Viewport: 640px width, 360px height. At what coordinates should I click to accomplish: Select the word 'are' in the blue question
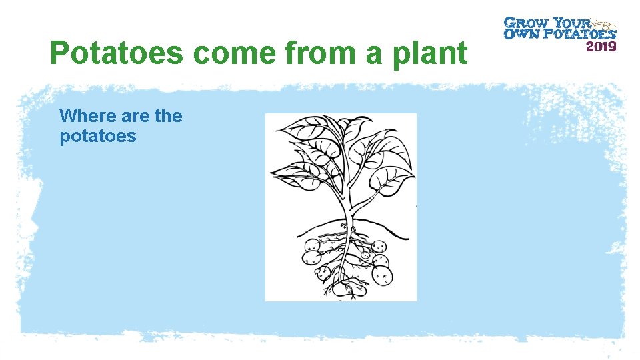point(136,116)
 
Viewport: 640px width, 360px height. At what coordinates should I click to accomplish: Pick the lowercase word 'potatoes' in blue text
point(97,137)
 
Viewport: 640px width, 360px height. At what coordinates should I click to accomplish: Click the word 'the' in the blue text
point(168,116)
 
